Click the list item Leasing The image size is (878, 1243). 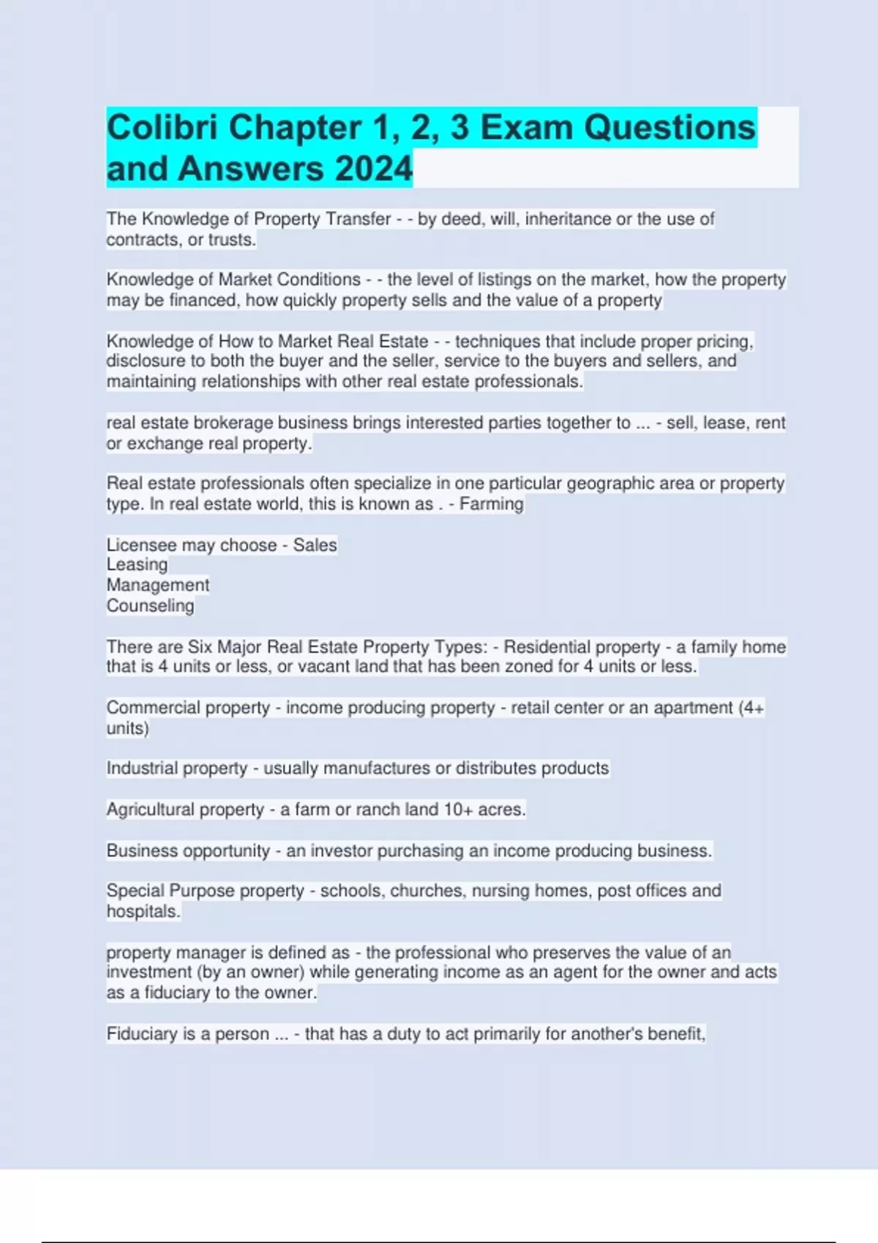(x=137, y=564)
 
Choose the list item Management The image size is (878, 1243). (x=157, y=585)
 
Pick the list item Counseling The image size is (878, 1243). (x=150, y=605)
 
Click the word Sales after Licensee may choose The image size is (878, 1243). (x=315, y=545)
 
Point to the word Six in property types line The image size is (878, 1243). (x=200, y=646)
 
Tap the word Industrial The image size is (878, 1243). (x=140, y=768)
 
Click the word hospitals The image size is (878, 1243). (x=142, y=911)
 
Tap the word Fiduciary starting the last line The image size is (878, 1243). (x=142, y=1034)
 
